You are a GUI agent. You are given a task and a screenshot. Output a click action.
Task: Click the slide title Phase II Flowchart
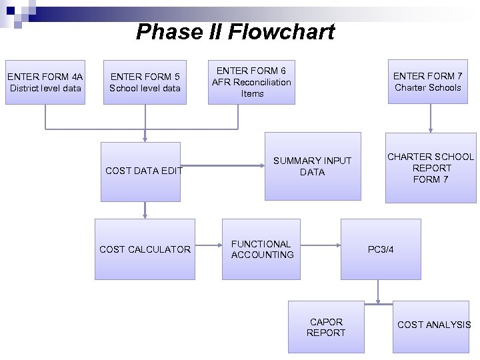point(235,31)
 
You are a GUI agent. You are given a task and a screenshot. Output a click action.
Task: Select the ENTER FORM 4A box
point(45,81)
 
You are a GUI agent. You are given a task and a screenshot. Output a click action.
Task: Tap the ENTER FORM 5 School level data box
point(145,81)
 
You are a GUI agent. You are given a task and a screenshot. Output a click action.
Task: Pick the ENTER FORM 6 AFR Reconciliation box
point(251,82)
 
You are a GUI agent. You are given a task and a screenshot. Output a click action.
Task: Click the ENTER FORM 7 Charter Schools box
point(427,81)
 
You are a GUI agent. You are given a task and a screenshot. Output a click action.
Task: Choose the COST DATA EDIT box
point(141,171)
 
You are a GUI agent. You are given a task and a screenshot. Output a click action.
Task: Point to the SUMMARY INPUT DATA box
point(312,167)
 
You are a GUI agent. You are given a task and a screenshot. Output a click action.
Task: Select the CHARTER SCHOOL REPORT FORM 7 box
point(431,168)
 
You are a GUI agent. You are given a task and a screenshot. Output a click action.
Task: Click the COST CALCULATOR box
point(145,249)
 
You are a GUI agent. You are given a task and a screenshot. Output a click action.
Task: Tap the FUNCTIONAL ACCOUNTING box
point(262,249)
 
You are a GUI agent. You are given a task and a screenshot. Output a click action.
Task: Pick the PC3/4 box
point(381,249)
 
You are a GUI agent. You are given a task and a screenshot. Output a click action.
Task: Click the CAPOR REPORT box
point(326,327)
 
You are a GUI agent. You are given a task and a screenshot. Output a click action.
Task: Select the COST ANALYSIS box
point(433,325)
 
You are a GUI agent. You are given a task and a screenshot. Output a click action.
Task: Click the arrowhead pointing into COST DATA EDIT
point(145,138)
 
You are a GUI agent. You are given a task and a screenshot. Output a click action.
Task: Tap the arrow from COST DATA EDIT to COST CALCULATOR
point(145,210)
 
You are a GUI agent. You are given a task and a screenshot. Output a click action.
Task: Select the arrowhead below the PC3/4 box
point(378,299)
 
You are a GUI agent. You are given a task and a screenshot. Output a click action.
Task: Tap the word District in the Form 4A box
point(23,88)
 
